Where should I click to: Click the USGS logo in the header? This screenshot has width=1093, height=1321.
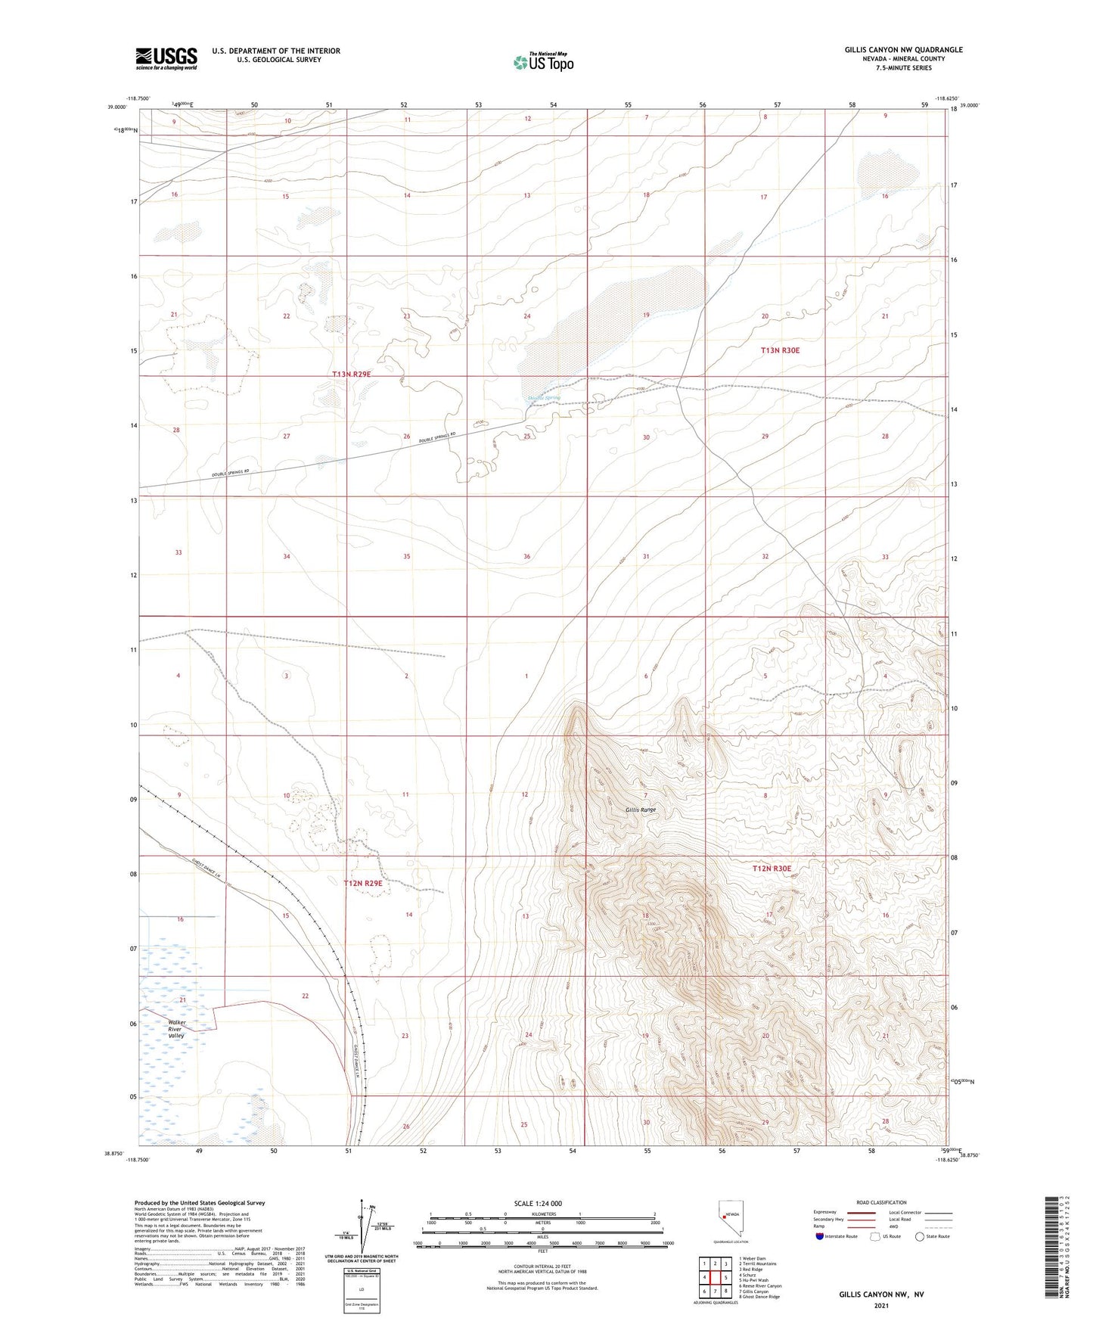coord(166,58)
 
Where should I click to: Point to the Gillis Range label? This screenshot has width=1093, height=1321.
coord(641,810)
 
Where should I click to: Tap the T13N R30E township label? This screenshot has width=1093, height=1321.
coord(780,350)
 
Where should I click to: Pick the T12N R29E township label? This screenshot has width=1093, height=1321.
coord(363,883)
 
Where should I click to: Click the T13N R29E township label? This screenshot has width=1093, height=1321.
coord(351,375)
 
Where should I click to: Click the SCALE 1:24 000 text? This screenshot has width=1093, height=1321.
coord(538,1203)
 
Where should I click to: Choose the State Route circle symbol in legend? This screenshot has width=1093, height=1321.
coord(920,1237)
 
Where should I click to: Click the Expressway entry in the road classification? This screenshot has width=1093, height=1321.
coord(826,1211)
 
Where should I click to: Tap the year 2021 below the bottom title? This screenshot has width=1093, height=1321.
coord(880,1306)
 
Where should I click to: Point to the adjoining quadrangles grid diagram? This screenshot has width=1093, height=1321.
coord(715,1279)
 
